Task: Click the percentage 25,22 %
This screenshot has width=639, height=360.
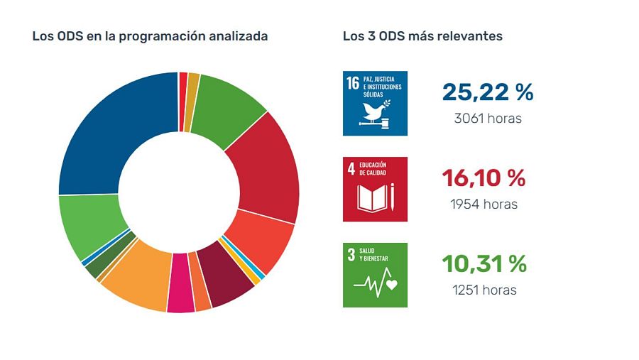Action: click(x=487, y=92)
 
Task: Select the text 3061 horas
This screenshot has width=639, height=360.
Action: click(x=487, y=119)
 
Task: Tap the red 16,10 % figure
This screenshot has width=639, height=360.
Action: click(x=484, y=178)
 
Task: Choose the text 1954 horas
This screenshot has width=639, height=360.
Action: click(x=484, y=204)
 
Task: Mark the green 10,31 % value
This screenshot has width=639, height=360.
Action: click(x=484, y=263)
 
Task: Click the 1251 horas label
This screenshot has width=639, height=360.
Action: click(x=484, y=290)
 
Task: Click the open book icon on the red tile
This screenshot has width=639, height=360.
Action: click(x=369, y=197)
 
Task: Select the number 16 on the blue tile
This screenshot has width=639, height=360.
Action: click(x=353, y=83)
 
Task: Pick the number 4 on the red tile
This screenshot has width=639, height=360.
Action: click(x=351, y=169)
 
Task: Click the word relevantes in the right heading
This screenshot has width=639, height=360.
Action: click(x=471, y=36)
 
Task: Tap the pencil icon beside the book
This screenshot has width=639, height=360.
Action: click(x=392, y=197)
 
